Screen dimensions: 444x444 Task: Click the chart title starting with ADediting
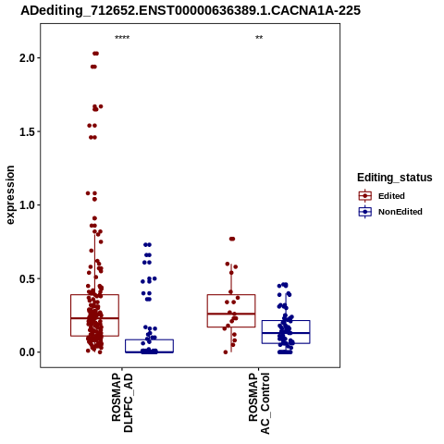coord(191,11)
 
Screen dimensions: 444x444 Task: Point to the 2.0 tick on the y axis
coord(27,58)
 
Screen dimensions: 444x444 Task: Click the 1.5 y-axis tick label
coord(27,131)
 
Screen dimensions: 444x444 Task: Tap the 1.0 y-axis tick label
coord(27,205)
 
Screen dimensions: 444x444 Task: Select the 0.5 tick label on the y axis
coord(27,278)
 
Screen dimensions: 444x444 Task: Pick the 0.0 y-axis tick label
coord(27,352)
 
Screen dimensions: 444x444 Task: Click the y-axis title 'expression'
coord(10,195)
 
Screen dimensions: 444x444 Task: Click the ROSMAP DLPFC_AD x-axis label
coord(122,402)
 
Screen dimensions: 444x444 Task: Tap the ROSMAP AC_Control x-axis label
coord(259,403)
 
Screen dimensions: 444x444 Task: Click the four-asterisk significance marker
coord(122,38)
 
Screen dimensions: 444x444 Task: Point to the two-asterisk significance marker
coord(259,38)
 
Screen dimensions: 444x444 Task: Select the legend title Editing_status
coord(395,178)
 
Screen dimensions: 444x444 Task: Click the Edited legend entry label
coord(391,196)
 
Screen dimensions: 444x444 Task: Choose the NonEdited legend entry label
coord(401,212)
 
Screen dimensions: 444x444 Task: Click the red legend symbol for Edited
coord(365,196)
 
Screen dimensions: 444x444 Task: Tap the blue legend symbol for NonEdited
coord(365,212)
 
